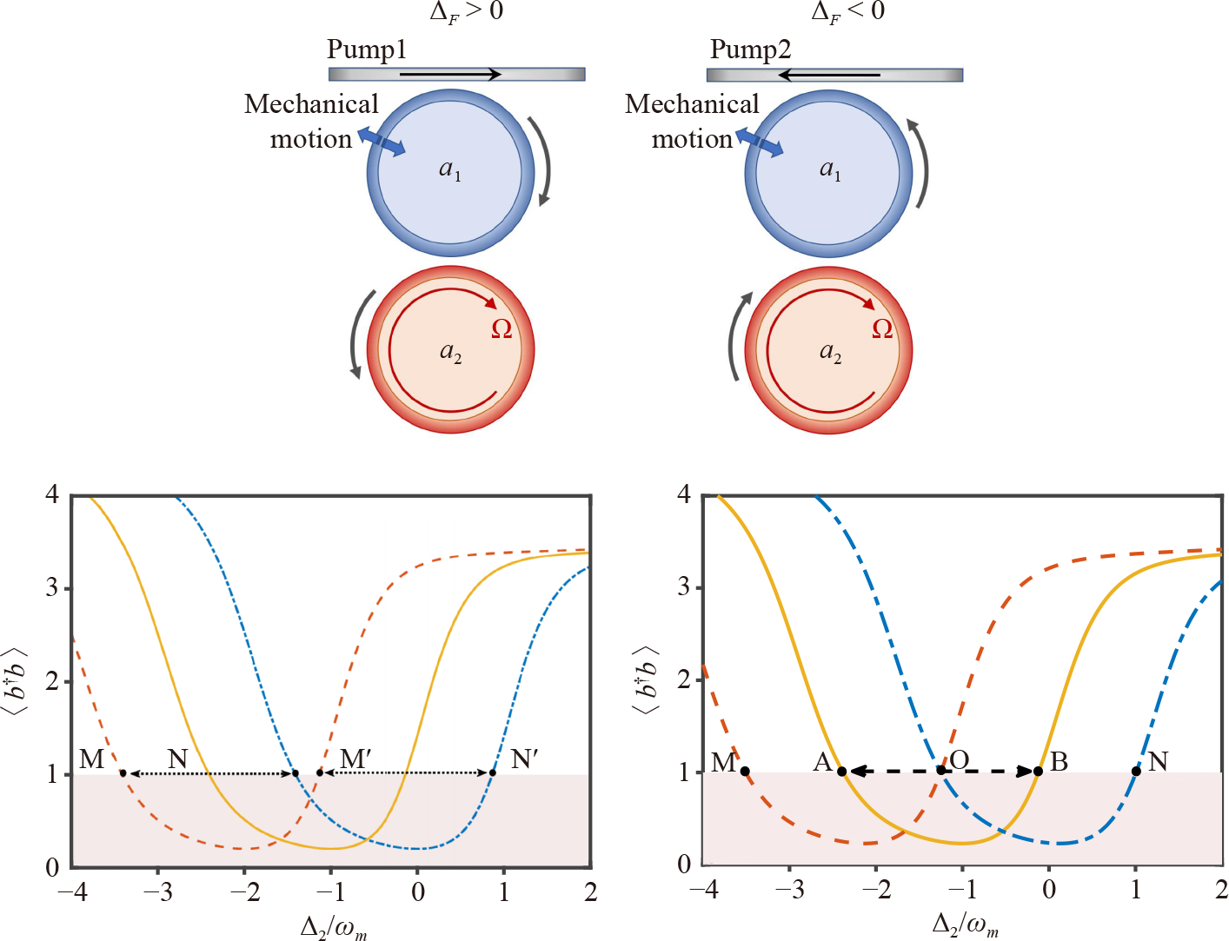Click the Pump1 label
(366, 50)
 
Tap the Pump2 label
(750, 50)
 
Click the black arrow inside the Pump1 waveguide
(450, 75)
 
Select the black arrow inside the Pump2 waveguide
(829, 75)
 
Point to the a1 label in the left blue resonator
(449, 169)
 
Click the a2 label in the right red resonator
(830, 352)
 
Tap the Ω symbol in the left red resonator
(502, 329)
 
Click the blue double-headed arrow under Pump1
(382, 142)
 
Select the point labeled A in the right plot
(841, 772)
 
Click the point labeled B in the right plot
(1038, 772)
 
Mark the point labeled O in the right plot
(940, 771)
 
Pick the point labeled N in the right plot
(1136, 772)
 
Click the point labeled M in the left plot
(123, 773)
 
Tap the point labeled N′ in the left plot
(493, 773)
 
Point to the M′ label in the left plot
(355, 759)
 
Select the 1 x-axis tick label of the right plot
(1135, 890)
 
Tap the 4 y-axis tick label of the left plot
(52, 495)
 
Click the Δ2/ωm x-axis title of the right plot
(965, 924)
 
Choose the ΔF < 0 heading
(847, 11)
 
